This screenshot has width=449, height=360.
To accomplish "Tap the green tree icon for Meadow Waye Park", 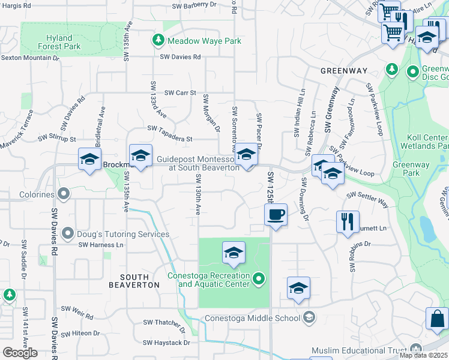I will coord(158,40).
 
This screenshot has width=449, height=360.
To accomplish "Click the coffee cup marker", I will coord(276,215).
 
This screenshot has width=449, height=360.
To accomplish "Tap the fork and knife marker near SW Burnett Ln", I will coord(348,221).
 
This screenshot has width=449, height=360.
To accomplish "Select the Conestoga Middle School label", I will coord(252,318).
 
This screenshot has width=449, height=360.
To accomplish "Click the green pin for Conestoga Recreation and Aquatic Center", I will coord(259,278).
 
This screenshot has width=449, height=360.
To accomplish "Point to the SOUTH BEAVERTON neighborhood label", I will coord(134,280).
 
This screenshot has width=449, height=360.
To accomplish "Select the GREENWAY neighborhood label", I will coord(343,71).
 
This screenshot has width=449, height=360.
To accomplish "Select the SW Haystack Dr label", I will coord(166,343).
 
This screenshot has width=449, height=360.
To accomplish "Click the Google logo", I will coord(20,353).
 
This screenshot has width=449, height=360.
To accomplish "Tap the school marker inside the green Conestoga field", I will coord(234,253).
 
